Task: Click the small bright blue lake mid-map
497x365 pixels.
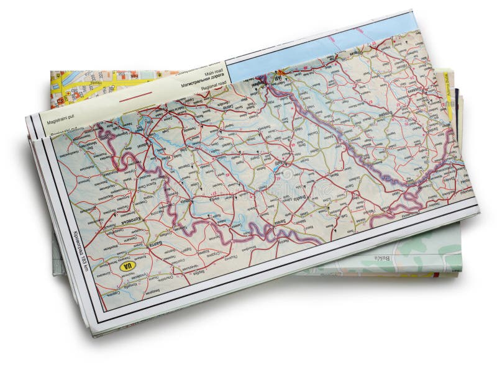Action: (274, 168)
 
